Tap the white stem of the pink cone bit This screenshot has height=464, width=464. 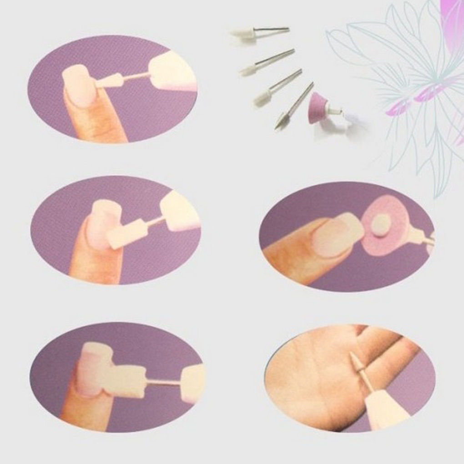[x=335, y=111]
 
